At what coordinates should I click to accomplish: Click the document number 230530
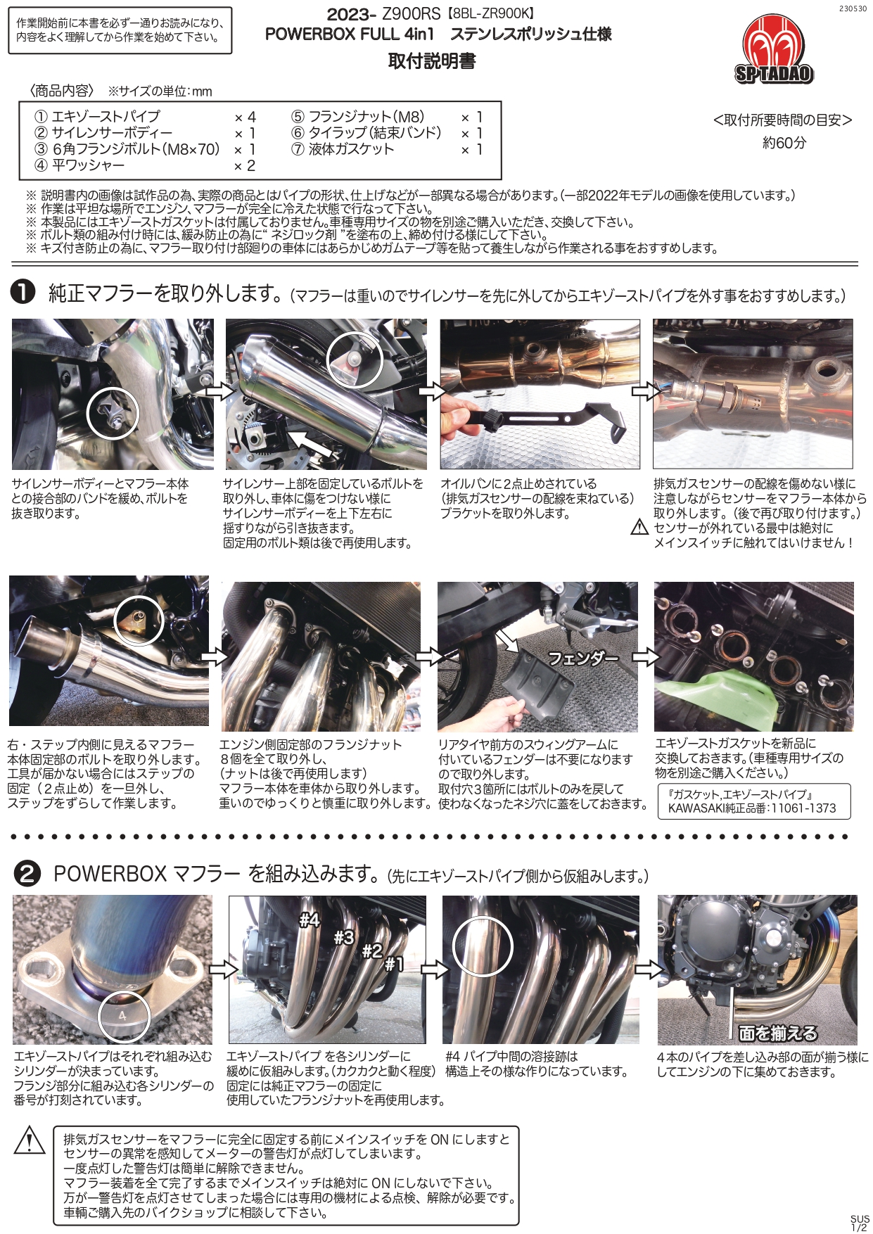click(853, 9)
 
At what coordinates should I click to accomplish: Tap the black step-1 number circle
click(23, 292)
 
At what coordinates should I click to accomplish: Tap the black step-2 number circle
click(27, 873)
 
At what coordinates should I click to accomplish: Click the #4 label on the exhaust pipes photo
click(309, 920)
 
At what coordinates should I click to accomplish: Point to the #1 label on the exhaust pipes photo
click(394, 965)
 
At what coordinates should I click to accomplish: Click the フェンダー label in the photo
click(582, 659)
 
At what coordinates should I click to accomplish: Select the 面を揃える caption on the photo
click(777, 1033)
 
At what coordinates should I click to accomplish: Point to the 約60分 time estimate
click(784, 143)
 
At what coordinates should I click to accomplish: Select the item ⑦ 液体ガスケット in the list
click(343, 149)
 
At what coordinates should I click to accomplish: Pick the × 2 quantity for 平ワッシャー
click(244, 166)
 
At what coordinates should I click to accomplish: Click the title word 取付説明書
click(432, 62)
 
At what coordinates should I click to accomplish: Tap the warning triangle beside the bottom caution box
click(30, 1140)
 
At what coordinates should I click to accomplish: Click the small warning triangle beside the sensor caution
click(639, 527)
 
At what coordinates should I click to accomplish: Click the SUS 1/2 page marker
click(859, 1223)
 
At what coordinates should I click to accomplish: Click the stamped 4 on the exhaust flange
click(123, 1016)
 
